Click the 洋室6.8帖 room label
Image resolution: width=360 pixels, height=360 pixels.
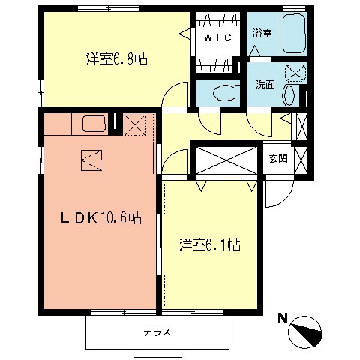pyautogui.click(x=115, y=58)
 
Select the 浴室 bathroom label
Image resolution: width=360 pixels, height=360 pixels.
pyautogui.click(x=261, y=34)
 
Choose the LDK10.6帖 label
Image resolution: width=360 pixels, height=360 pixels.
pyautogui.click(x=100, y=218)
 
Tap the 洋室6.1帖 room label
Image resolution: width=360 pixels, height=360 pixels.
pyautogui.click(x=209, y=245)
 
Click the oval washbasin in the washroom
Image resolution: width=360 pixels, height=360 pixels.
pyautogui.click(x=289, y=96)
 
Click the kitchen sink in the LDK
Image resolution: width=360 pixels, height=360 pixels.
pyautogui.click(x=93, y=124)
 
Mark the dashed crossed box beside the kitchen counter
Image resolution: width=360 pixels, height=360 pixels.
pyautogui.click(x=135, y=125)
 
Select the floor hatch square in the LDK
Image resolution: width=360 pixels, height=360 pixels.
pyautogui.click(x=91, y=159)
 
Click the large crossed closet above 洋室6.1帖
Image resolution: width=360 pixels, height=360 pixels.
pyautogui.click(x=226, y=160)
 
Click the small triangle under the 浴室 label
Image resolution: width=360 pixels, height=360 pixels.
pyautogui.click(x=255, y=49)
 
